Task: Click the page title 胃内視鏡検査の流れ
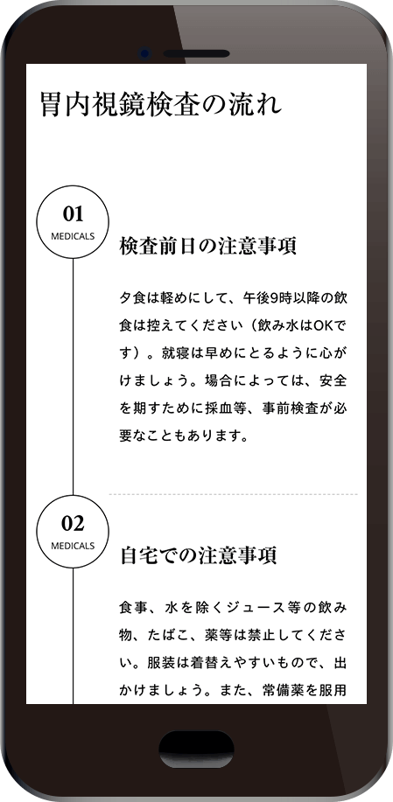point(161,105)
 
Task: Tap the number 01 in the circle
point(73,213)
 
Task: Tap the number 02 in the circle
point(73,523)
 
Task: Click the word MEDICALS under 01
point(73,236)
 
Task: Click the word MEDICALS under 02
point(73,546)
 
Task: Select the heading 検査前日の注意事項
point(207,247)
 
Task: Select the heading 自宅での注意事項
point(199,555)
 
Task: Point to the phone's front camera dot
point(145,53)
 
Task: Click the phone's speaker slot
point(196,53)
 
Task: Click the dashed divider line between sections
point(234,495)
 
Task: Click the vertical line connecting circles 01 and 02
point(73,376)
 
